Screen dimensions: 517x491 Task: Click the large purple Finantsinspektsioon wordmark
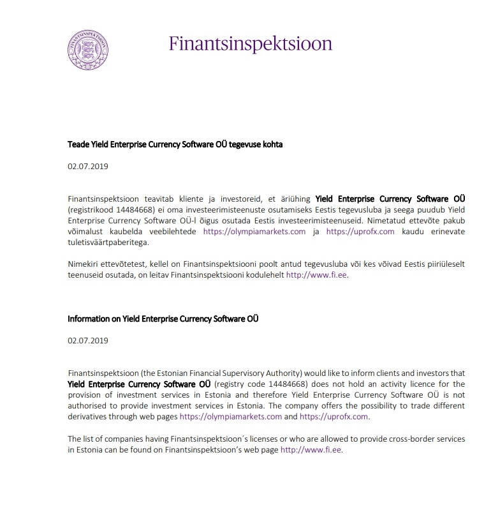coord(251,43)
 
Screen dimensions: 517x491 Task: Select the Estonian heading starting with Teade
coord(175,144)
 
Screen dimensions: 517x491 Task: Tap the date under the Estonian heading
coord(88,167)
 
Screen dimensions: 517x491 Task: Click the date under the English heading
coord(88,340)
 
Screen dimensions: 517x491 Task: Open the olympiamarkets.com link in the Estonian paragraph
coord(254,232)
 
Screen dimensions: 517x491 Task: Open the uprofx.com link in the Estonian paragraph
coord(360,232)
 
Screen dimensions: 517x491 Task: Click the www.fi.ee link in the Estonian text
coord(317,276)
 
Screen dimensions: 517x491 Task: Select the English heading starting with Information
coord(163,318)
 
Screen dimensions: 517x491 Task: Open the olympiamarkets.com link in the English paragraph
coord(231,417)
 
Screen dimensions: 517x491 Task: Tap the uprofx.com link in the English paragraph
coord(333,417)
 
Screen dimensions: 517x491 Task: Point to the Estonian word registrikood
coord(92,209)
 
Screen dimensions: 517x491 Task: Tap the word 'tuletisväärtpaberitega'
coord(107,243)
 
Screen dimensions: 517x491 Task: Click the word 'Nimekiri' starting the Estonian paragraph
coord(84,264)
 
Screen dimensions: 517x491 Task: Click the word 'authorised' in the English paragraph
coord(89,406)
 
